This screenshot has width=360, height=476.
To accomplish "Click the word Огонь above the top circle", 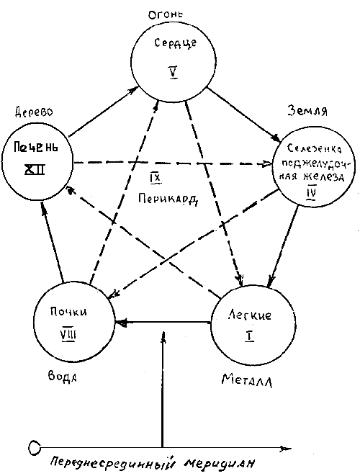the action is coord(166,14).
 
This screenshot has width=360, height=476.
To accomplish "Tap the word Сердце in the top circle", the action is coord(175,43).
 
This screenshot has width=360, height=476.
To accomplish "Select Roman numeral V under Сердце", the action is coord(174,72).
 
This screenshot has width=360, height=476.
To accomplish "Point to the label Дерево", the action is coord(34,112).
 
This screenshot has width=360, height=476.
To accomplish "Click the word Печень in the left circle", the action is coord(36,148).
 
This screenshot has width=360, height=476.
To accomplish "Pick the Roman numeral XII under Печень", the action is coord(35,169).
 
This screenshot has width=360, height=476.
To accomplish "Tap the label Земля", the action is coord(307,110).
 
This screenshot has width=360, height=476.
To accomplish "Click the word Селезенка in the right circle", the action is coord(314,149).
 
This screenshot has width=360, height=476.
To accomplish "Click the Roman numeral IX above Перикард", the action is coord(155,179).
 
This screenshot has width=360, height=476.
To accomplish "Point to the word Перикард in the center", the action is coord(168,199).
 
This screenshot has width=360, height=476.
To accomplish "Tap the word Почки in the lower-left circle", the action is coord(68,312).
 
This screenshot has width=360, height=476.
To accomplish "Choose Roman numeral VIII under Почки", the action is coord(68,335).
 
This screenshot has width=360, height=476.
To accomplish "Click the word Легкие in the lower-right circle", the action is coord(250,315).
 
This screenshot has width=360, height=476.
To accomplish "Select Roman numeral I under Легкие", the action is coord(249,337).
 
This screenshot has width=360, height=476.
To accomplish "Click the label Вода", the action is coord(62,377).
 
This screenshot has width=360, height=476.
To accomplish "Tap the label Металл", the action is coord(247,380).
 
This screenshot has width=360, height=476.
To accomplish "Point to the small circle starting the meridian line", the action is coord(35,447).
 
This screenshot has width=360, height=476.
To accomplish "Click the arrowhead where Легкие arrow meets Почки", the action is coord(120,322).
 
